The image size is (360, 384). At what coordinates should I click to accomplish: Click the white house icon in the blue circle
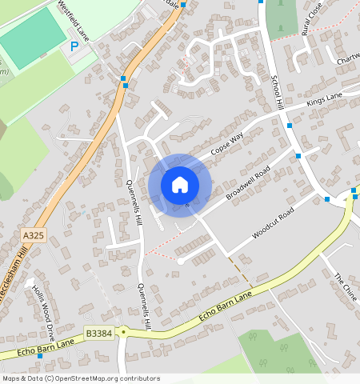point(180,185)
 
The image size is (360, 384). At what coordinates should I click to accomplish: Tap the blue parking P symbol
point(74,46)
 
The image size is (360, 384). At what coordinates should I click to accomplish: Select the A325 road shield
point(34,235)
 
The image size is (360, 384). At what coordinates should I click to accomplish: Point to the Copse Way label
point(226,144)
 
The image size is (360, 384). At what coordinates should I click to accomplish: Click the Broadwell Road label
point(248,184)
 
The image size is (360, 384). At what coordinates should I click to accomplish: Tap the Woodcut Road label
point(274,223)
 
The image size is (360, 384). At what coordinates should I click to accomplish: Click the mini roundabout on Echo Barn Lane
point(123,330)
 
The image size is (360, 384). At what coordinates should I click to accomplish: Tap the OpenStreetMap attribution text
point(81,378)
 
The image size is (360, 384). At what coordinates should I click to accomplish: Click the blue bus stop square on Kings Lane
point(289,126)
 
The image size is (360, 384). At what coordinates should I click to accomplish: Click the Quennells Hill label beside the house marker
point(134,200)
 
